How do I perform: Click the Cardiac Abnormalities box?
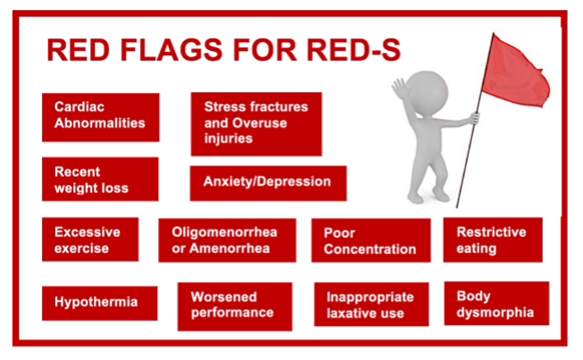(100, 117)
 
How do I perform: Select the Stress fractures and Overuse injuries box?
(256, 124)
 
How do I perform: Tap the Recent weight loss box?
(100, 179)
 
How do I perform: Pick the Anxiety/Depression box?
(268, 183)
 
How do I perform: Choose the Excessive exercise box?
(90, 239)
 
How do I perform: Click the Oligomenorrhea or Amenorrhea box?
(227, 240)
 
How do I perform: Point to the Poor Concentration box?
(371, 240)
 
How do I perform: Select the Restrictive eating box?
(493, 240)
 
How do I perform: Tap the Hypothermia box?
(100, 303)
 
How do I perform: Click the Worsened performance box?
(235, 306)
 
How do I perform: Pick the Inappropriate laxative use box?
(371, 305)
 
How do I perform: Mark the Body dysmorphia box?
(496, 304)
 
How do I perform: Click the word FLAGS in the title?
(171, 50)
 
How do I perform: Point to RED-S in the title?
(354, 50)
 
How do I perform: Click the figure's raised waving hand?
(401, 88)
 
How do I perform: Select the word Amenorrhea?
(229, 248)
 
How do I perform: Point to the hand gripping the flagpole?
(474, 118)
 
